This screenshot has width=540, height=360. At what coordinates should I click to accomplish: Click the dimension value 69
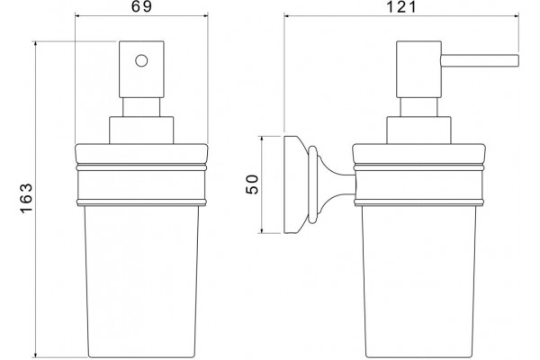141,6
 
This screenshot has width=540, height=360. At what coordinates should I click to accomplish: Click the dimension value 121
401,6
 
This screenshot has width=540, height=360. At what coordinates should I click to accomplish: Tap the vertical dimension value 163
26,198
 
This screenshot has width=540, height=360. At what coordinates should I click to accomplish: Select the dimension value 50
252,184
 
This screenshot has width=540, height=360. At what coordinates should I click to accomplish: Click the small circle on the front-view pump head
141,60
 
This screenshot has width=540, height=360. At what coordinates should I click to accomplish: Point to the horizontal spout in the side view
480,60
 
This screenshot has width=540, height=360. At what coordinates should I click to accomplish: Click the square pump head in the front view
141,69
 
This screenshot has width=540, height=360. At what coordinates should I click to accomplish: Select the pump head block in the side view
418,69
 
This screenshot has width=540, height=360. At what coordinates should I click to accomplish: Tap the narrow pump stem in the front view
141,107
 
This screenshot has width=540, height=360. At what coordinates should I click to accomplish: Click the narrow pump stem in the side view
418,107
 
